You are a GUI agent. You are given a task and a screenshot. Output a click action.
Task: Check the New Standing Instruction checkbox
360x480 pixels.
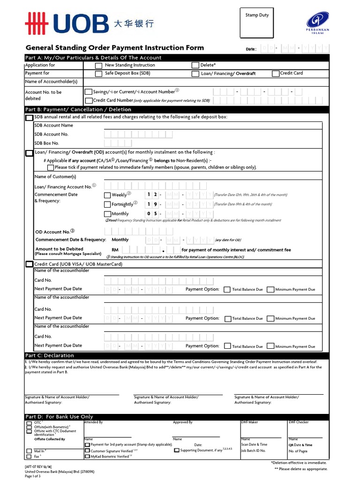coord(98,66)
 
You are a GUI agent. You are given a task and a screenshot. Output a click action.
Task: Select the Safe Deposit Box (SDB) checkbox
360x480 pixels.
coord(98,74)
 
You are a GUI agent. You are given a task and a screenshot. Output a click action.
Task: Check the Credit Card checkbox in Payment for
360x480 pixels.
coord(276,74)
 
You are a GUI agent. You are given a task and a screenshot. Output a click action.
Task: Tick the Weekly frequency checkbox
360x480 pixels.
coord(107,195)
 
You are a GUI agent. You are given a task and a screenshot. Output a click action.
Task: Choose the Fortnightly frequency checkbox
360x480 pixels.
coord(107,204)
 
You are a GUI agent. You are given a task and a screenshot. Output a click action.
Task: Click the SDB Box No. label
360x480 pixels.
coord(47,143)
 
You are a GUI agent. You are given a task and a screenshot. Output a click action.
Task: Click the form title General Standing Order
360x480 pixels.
coord(114,47)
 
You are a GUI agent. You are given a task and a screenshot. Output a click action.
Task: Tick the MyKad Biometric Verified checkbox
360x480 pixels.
coord(87,456)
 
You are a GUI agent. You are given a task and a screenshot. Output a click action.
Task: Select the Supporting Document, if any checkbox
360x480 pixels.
coord(176,450)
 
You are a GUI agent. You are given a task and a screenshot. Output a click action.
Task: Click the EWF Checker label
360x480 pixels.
coord(299,422)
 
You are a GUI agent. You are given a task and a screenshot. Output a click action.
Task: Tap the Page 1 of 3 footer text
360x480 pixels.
coord(33,476)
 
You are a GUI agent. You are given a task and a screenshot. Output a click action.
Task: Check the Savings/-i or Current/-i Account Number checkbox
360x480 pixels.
coord(89,92)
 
